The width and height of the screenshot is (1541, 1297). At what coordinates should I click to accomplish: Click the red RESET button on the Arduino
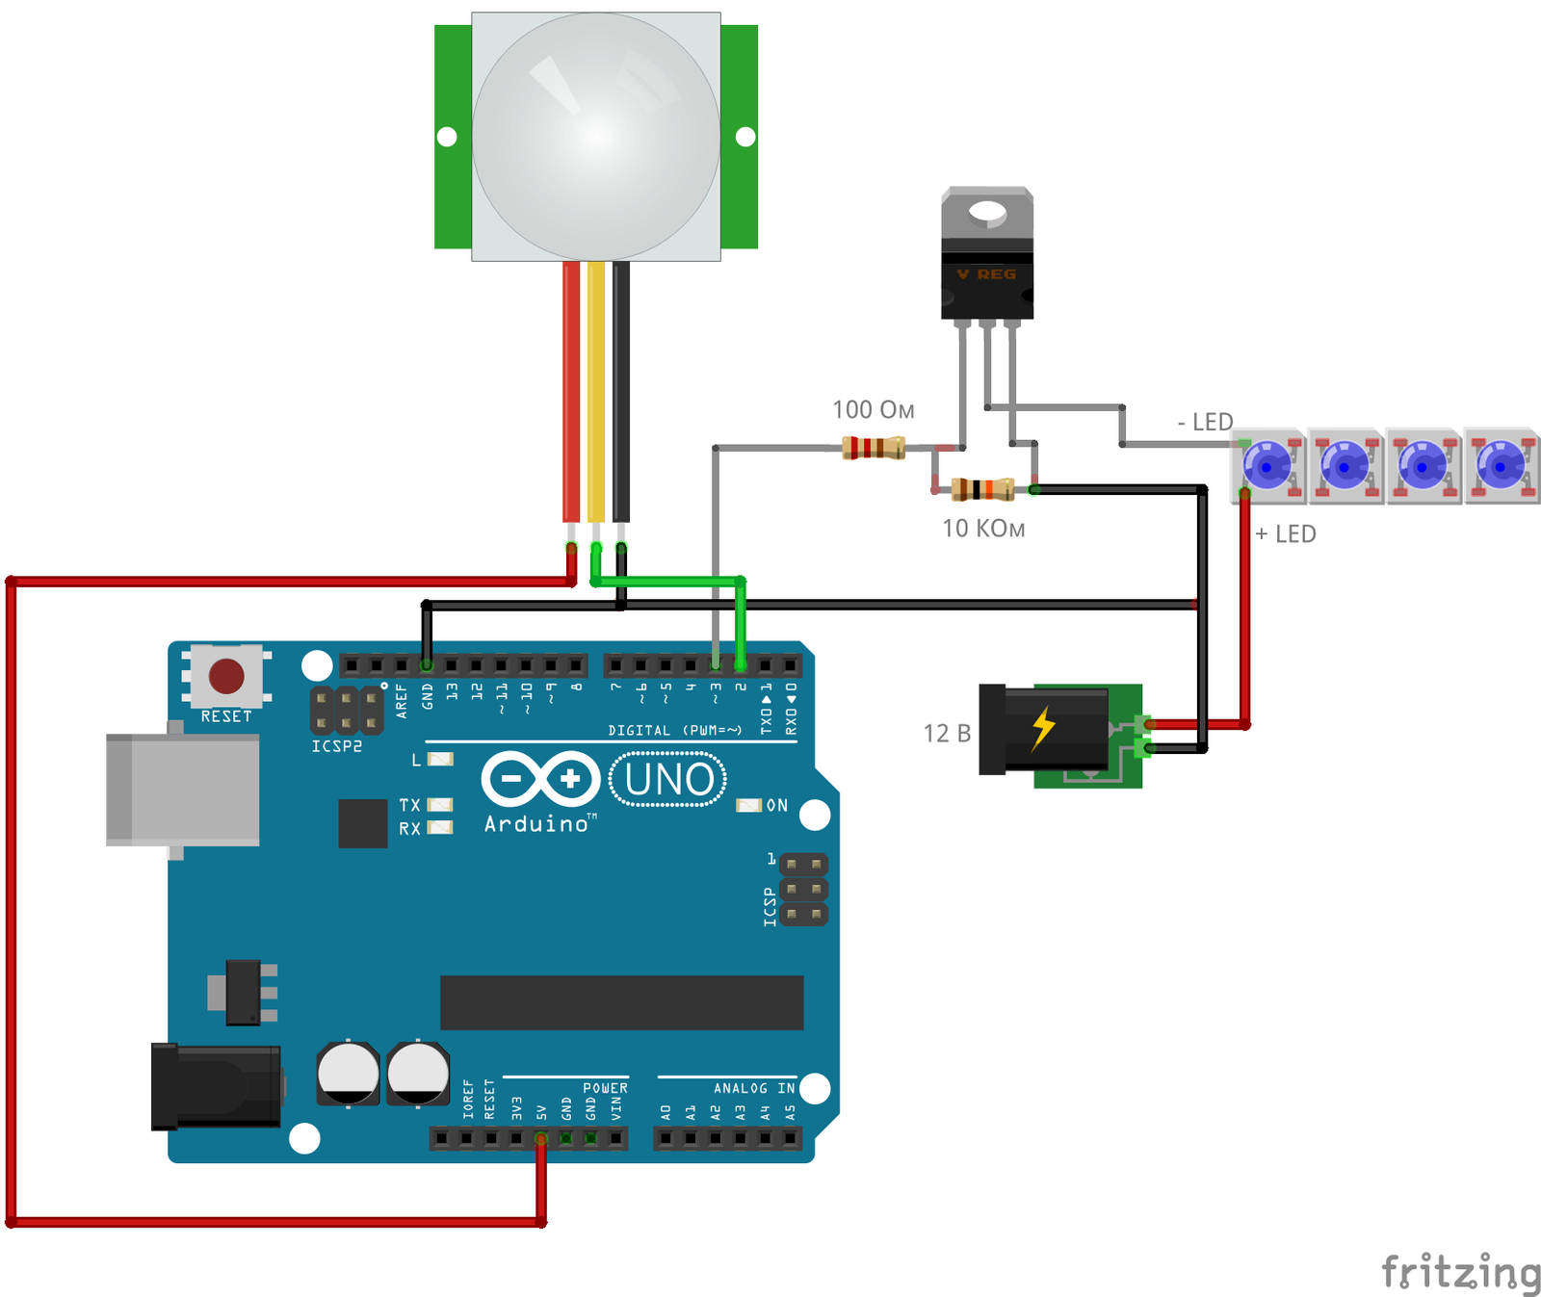[x=226, y=676]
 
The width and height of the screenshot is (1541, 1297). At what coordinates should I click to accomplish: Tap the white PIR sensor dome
[x=596, y=137]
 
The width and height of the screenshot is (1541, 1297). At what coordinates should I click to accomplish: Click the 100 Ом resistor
[x=874, y=448]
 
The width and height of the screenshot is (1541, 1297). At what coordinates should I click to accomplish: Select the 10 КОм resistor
[x=982, y=489]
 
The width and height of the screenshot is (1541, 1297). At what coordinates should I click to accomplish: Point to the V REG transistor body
[x=986, y=285]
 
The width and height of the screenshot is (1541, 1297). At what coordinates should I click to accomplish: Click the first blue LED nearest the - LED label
[x=1267, y=467]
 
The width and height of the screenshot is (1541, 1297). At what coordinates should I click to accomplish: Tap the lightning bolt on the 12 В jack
[x=1043, y=728]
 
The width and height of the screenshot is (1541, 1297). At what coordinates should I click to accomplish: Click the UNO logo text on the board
[x=668, y=780]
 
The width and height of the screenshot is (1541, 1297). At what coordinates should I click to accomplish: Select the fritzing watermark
[x=1460, y=1273]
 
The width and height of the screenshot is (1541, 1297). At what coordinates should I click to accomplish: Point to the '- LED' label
[x=1205, y=422]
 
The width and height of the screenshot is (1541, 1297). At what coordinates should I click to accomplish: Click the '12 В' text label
[x=947, y=734]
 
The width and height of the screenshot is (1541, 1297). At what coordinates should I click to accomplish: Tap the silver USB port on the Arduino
[x=183, y=790]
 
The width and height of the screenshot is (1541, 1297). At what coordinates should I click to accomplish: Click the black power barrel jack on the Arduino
[x=217, y=1086]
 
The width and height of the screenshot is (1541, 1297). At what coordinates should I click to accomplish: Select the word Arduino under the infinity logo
[x=537, y=824]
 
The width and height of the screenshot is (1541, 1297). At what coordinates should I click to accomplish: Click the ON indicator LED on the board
[x=748, y=805]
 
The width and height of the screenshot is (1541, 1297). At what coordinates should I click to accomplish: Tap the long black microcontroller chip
[x=621, y=1002]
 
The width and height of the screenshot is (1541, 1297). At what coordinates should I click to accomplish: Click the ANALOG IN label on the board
[x=754, y=1088]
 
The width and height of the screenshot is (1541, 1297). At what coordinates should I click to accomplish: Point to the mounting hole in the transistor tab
[x=986, y=211]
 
